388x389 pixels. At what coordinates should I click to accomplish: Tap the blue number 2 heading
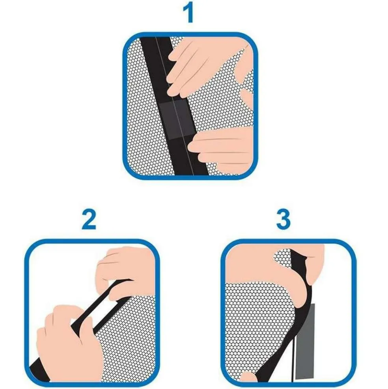coord(89,220)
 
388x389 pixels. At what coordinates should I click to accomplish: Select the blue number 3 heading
coord(283,219)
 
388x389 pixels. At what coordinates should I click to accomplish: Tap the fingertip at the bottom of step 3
coord(248,377)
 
